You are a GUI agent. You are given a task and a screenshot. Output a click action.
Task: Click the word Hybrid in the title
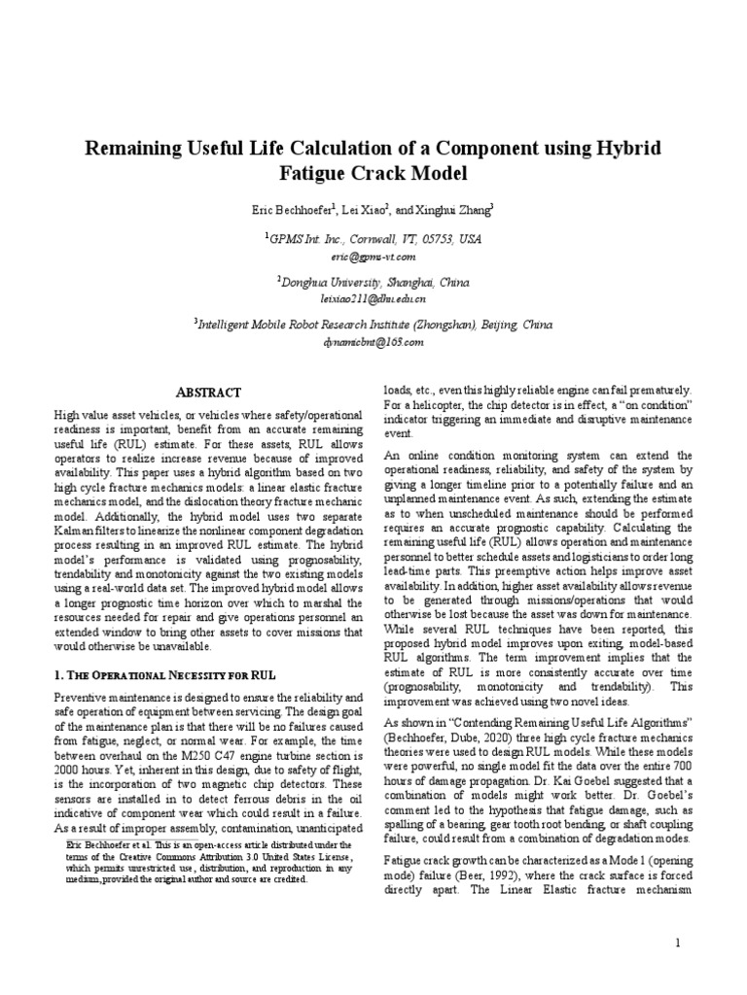tap(627, 150)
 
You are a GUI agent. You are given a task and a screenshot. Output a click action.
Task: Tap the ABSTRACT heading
tap(207, 392)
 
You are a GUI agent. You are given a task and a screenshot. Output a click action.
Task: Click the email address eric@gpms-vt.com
tap(373, 257)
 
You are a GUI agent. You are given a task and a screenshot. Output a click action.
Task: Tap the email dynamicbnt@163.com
tap(373, 343)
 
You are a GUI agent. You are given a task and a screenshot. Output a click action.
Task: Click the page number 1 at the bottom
tap(678, 943)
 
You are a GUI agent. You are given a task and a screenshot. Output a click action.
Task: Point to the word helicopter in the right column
tap(440, 402)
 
